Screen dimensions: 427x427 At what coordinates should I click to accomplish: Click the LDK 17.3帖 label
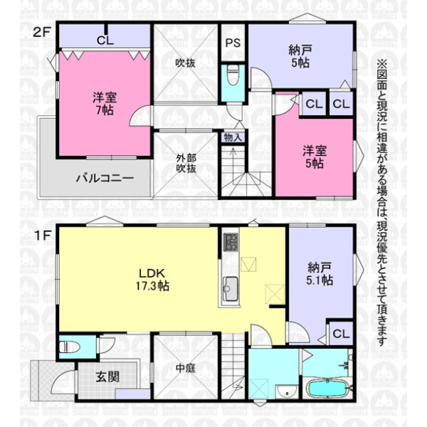tap(152, 280)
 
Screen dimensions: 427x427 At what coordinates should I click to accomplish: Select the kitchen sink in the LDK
tap(231, 289)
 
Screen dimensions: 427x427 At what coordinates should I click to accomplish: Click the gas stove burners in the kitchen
tap(231, 242)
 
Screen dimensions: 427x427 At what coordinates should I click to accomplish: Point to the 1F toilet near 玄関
tap(69, 347)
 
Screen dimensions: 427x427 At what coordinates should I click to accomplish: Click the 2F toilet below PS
tap(233, 75)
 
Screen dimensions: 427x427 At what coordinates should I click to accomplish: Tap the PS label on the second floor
tap(233, 43)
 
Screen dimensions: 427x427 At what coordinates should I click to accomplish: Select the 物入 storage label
tap(233, 137)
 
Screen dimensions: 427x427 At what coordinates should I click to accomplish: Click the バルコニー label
tap(105, 179)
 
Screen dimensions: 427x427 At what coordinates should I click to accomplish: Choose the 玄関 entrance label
tap(107, 377)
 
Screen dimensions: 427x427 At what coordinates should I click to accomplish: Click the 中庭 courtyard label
tap(186, 368)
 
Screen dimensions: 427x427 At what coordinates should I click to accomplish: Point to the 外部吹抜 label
tap(186, 163)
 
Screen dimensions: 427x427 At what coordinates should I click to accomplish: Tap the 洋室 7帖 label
tap(105, 104)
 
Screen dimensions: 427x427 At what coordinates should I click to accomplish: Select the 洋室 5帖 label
tap(315, 157)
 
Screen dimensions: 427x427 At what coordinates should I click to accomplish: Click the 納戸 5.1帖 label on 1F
tap(320, 274)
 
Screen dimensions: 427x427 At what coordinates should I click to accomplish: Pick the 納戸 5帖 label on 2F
tap(300, 56)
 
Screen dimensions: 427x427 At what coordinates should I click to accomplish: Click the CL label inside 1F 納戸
tap(341, 334)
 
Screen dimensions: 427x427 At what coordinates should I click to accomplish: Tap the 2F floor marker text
tap(42, 33)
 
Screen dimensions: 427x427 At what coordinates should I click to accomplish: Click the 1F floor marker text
tap(42, 236)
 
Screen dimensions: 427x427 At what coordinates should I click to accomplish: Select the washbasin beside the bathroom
tap(285, 392)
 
